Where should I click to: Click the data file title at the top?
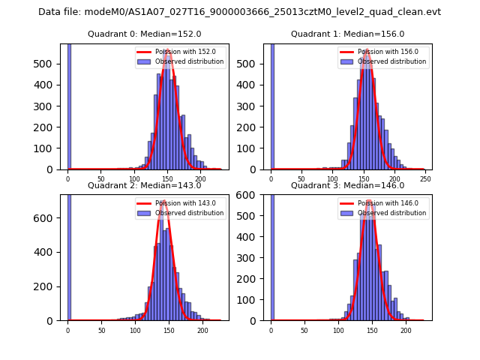[x=239, y=12]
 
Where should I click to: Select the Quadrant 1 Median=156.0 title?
[x=347, y=34]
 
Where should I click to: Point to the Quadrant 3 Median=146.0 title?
[x=347, y=185]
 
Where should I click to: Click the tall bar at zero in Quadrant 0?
[x=68, y=105]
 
